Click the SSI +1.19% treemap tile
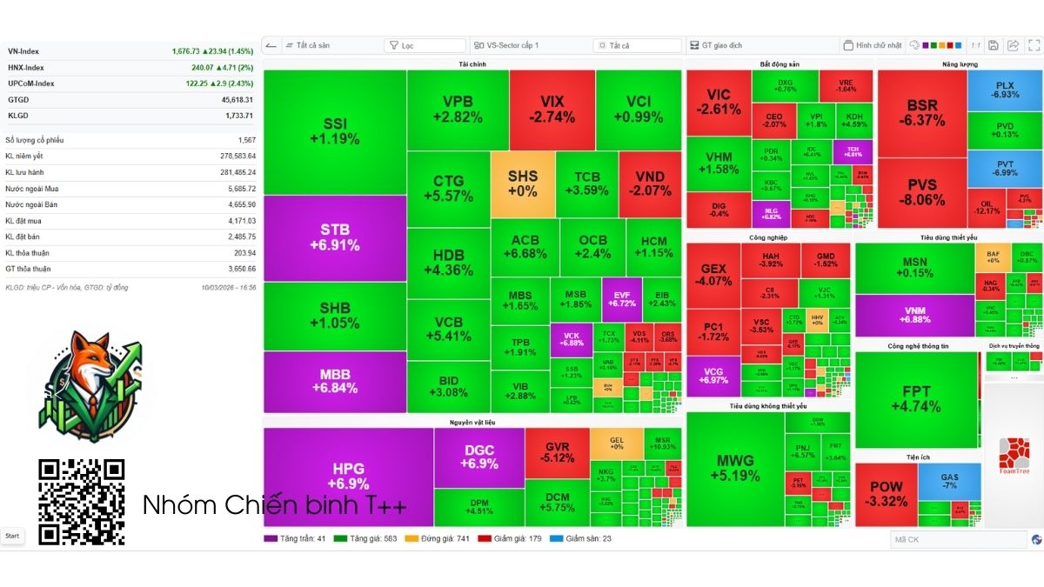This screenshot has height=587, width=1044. tap(335, 131)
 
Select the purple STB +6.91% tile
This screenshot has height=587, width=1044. tap(335, 237)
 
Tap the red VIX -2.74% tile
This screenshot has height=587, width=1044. tap(552, 110)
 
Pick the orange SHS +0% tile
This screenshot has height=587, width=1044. tap(522, 183)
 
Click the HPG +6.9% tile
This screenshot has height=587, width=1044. tap(348, 476)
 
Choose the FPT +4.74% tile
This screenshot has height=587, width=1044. tap(916, 399)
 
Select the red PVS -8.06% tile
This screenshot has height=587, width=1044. tap(921, 192)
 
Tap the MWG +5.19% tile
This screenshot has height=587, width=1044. tap(735, 468)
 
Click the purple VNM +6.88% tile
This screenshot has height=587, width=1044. tap(914, 314)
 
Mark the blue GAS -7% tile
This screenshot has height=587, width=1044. tap(949, 481)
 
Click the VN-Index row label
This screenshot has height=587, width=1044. tap(23, 51)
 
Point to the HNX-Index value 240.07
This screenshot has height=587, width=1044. tap(203, 67)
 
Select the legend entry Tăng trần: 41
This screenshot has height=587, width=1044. tap(296, 538)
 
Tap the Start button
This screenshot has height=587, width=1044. tap(12, 536)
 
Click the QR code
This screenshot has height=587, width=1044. tap(82, 502)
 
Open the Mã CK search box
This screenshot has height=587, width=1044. tap(957, 540)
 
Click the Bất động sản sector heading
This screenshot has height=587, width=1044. tap(779, 64)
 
